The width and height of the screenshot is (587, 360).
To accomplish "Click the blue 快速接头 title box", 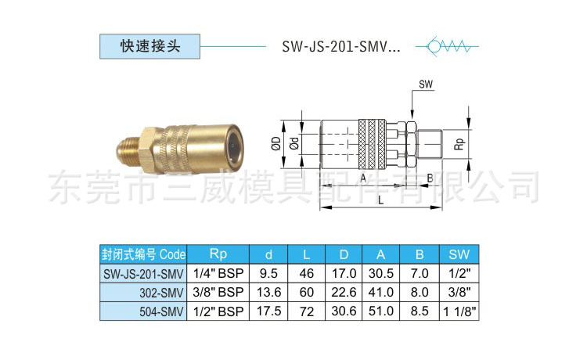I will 150,46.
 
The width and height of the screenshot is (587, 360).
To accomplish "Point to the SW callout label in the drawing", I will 425,84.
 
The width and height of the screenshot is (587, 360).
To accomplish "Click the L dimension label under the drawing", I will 380,200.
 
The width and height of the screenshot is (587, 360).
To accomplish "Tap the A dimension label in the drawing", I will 363,178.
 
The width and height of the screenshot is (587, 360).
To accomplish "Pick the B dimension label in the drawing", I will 430,178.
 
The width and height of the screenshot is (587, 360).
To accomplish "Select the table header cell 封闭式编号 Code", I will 144,254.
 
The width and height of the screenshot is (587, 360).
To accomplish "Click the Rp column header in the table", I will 218,254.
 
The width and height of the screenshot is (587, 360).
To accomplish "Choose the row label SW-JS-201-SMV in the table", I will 144,274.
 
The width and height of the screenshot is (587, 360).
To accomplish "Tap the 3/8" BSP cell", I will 218,293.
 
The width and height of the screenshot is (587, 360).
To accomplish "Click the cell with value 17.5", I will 268,311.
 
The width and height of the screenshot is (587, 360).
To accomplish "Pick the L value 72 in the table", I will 306,311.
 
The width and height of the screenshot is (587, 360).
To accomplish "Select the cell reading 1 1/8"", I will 459,311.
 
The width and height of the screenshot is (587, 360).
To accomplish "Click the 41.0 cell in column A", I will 381,293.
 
